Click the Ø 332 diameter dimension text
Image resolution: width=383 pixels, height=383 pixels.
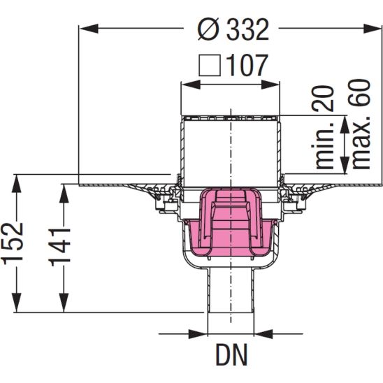click(x=232, y=29)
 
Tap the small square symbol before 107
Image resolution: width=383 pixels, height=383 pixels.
click(x=210, y=66)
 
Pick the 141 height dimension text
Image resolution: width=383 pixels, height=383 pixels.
click(x=61, y=244)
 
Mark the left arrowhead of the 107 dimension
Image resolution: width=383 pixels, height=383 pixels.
click(x=187, y=84)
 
